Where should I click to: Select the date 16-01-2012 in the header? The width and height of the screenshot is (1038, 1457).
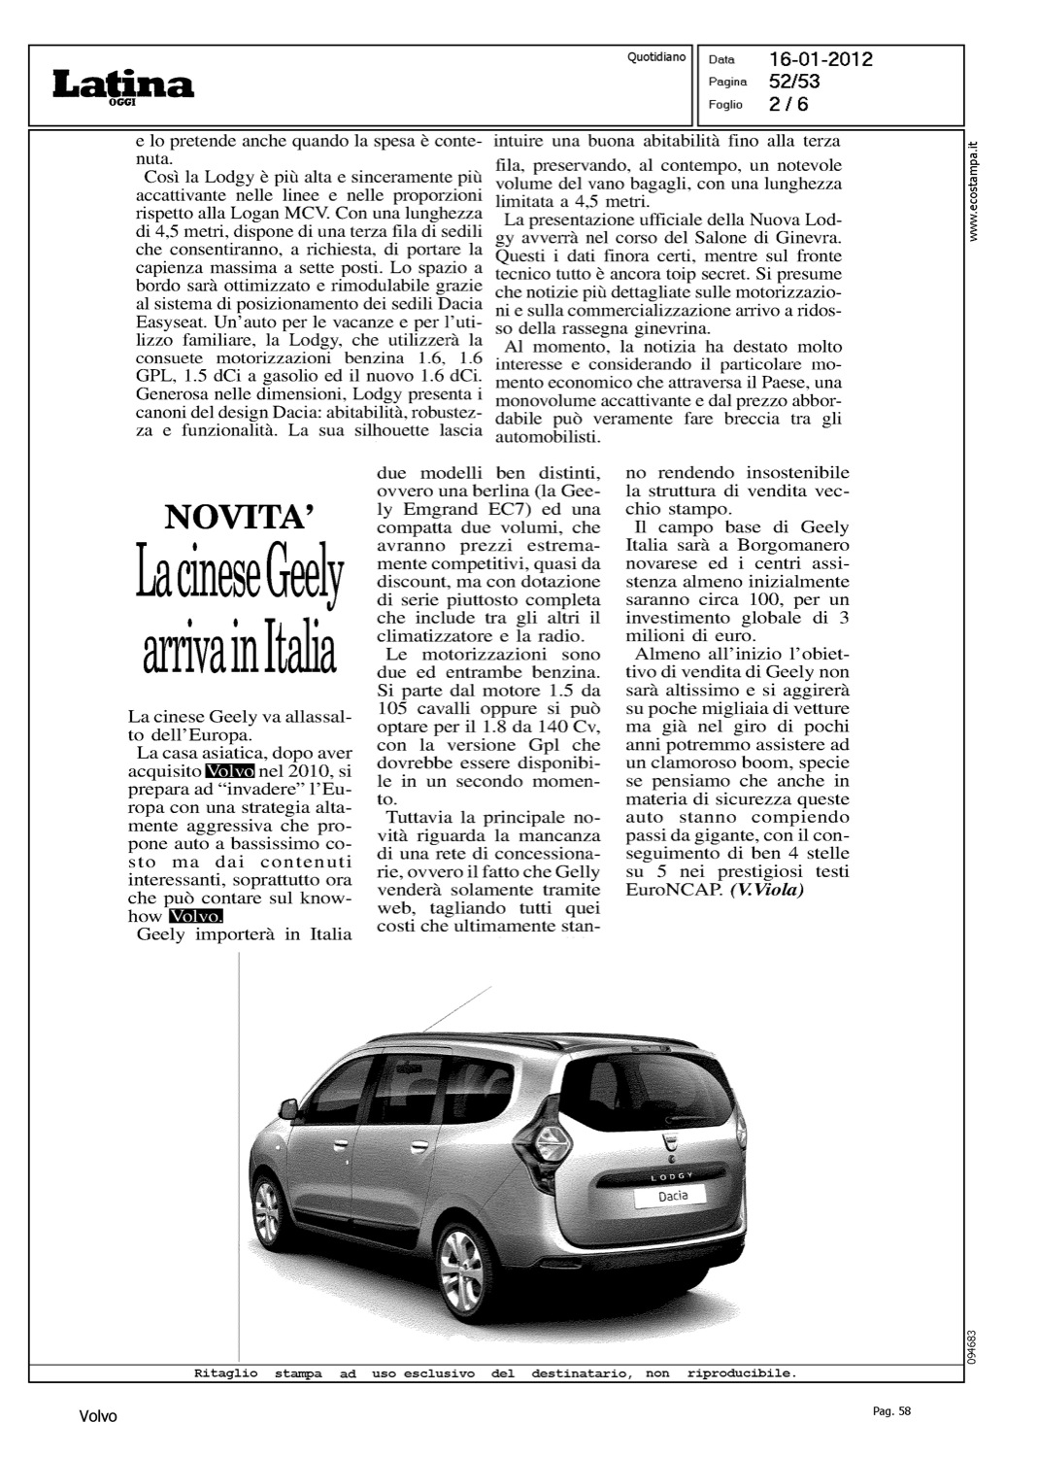[x=820, y=60]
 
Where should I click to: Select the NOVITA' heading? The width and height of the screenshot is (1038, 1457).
[x=240, y=517]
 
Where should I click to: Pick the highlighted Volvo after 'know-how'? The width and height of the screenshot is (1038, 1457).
[x=195, y=916]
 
